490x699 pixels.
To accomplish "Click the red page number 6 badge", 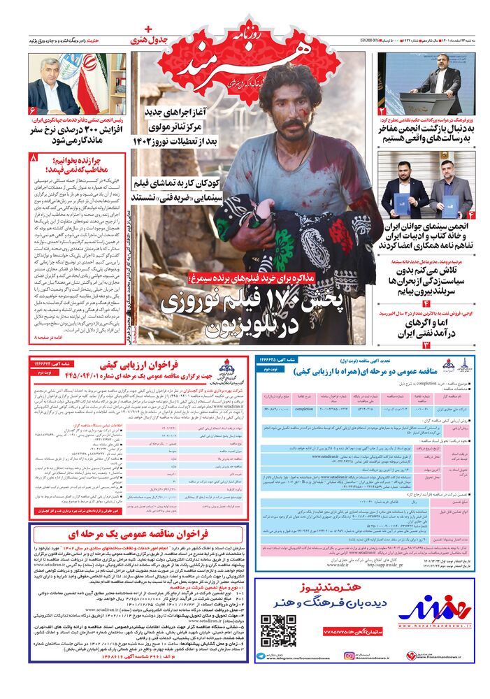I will click(33, 110).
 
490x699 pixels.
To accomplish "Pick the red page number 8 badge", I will click(33, 159).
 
